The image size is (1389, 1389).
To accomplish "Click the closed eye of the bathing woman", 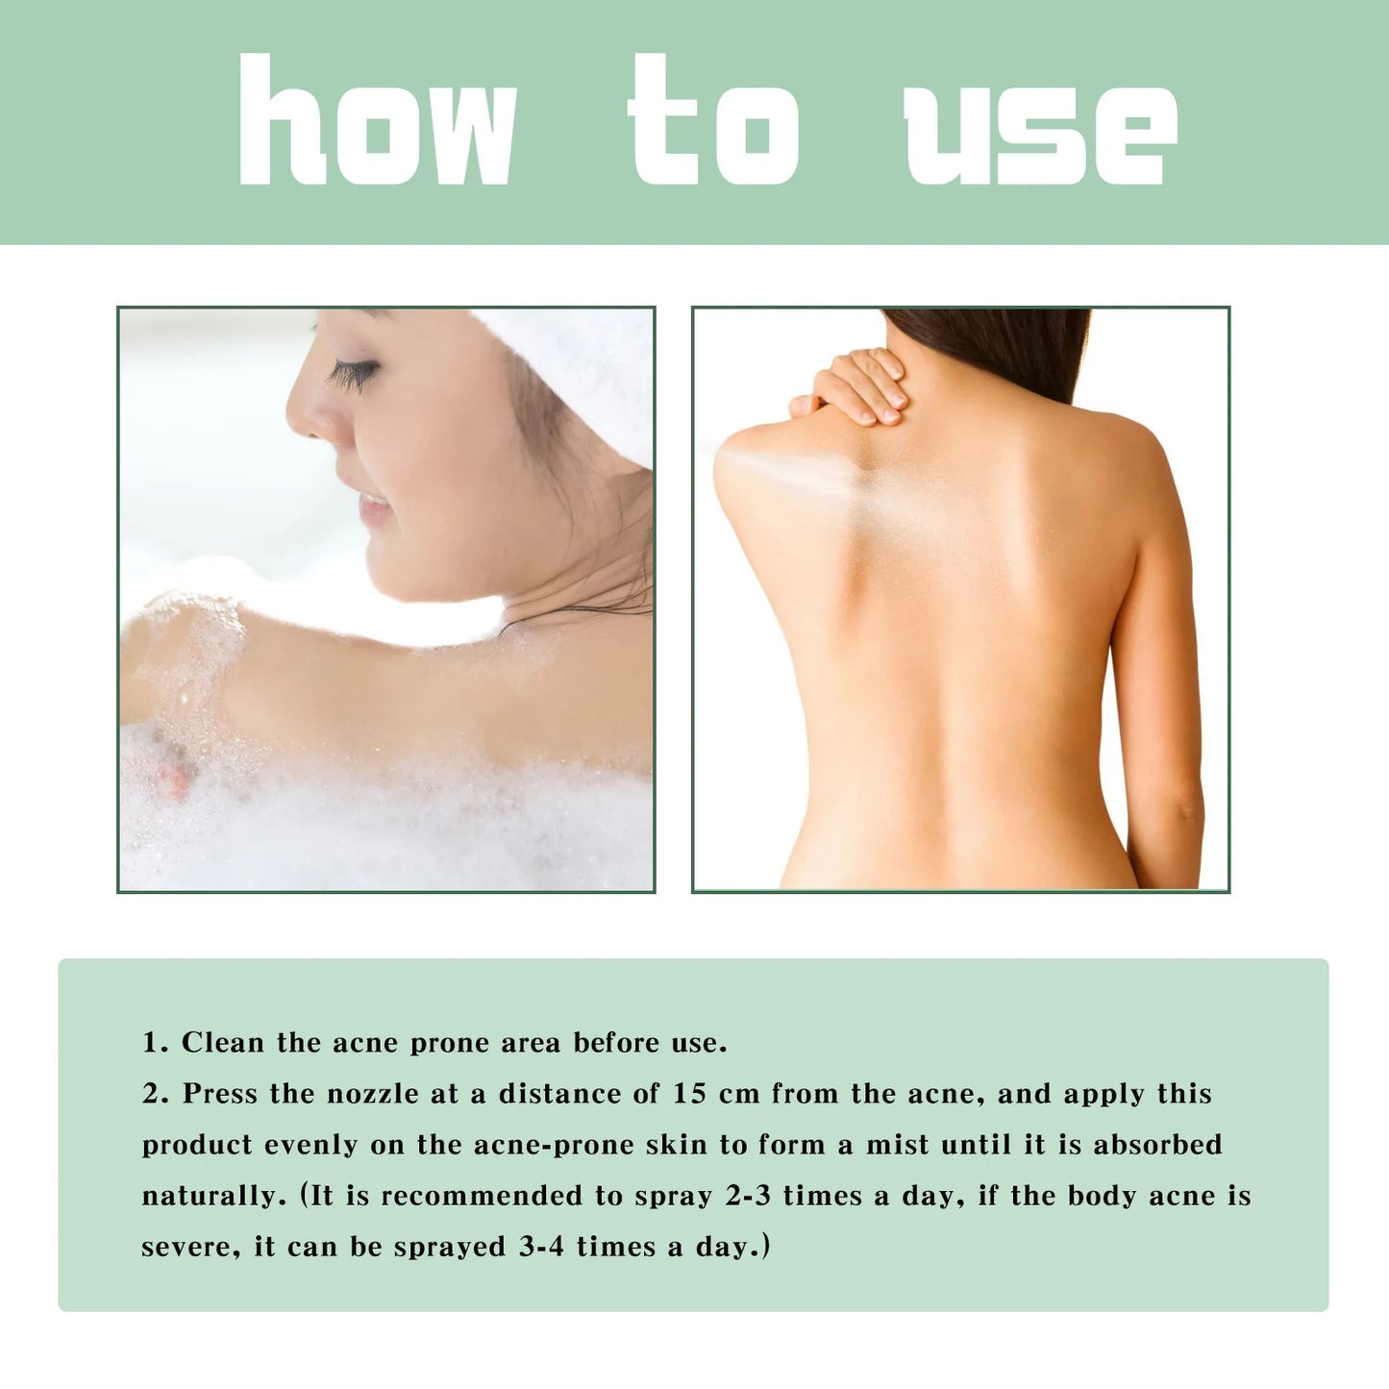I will coord(353,374).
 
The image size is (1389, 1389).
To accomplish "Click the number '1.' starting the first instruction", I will coord(155,1043).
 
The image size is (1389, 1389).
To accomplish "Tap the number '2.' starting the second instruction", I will coord(155,1094).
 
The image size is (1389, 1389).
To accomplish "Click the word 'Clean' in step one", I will coord(222,1043).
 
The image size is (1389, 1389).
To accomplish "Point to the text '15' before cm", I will coord(689,1094).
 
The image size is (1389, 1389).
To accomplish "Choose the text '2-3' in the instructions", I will coord(747,1196).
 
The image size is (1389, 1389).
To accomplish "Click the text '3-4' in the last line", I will coord(541,1247).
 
